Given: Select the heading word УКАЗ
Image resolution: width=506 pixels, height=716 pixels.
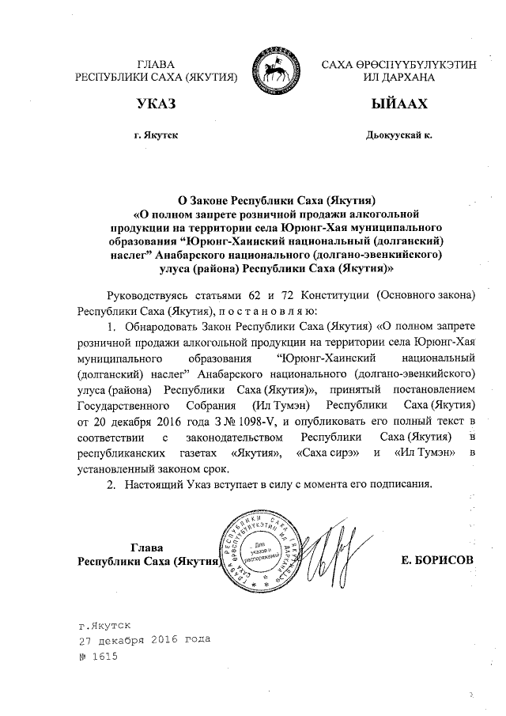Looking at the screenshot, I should (x=156, y=104).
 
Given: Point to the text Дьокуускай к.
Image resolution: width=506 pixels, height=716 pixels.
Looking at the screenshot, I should (x=398, y=135).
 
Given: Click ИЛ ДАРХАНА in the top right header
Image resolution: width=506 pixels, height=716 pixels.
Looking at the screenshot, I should (x=398, y=77).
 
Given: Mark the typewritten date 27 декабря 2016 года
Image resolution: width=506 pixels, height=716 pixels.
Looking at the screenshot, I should (x=144, y=640).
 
